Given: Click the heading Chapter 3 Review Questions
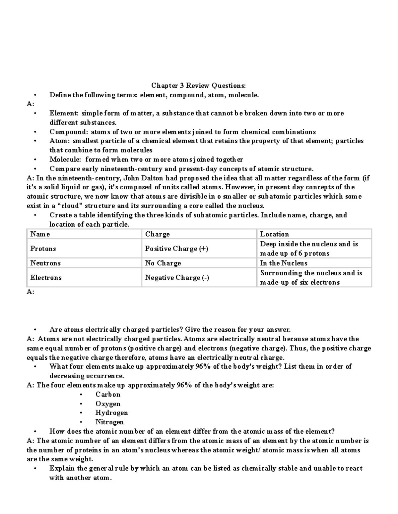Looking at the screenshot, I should point(198,86).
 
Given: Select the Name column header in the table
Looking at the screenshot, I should point(40,234).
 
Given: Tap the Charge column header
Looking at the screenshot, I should point(157,234).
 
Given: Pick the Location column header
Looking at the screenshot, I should point(274,234).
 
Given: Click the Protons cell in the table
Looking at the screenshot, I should point(43,249).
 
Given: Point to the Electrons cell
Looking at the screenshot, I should point(46,278).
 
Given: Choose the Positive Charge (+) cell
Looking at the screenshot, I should point(176,249).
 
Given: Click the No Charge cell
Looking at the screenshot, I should point(163,263).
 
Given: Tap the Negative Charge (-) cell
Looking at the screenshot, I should point(177,278).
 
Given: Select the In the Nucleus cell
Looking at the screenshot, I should point(284,263).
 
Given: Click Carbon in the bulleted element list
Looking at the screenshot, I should point(108,395).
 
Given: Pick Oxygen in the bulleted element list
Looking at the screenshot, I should point(108,404).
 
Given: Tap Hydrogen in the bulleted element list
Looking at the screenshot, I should point(111,413).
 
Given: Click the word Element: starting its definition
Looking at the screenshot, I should point(64,113).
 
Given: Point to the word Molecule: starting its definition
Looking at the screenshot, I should point(65,160).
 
